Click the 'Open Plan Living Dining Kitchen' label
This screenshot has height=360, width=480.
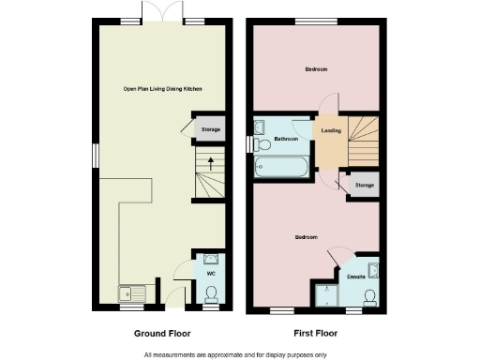click(x=163, y=89)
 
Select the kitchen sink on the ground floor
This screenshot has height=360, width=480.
click(x=127, y=293)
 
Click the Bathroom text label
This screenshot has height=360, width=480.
click(x=286, y=139)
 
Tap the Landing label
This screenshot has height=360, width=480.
click(x=330, y=131)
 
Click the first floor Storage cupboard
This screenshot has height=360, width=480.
click(x=364, y=185)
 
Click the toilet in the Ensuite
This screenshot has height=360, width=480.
click(x=370, y=296)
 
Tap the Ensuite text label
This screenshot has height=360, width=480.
click(x=356, y=277)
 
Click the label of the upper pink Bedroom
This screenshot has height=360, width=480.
click(x=314, y=69)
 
